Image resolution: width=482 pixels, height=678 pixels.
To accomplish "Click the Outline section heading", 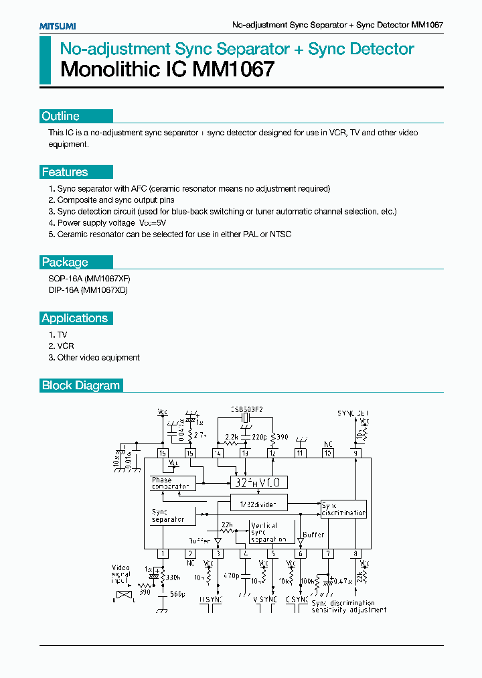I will [60, 116].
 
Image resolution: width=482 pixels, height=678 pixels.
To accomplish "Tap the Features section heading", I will [64, 172].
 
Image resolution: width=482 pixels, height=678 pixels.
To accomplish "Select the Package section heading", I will [64, 262].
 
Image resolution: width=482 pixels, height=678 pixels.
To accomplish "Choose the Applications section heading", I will [74, 318].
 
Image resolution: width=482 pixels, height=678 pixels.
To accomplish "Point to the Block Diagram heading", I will [80, 385].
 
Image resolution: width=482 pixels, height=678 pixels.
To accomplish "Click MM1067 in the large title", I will [233, 69].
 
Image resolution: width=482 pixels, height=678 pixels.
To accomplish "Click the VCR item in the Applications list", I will [66, 346].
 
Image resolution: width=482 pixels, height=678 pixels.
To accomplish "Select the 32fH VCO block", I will [259, 482].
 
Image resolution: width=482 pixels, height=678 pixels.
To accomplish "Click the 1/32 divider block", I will [259, 502].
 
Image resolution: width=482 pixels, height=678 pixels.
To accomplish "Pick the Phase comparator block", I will [171, 483].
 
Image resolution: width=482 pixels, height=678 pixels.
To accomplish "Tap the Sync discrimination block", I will [343, 508].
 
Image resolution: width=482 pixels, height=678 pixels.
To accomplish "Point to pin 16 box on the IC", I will [163, 454].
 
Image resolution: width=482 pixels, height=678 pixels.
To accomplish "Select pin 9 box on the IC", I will [355, 454].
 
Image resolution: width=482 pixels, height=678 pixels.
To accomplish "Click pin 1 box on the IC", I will [163, 553].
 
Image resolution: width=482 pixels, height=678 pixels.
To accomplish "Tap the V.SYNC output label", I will [265, 599].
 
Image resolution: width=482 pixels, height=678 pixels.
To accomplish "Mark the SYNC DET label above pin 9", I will [353, 413].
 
